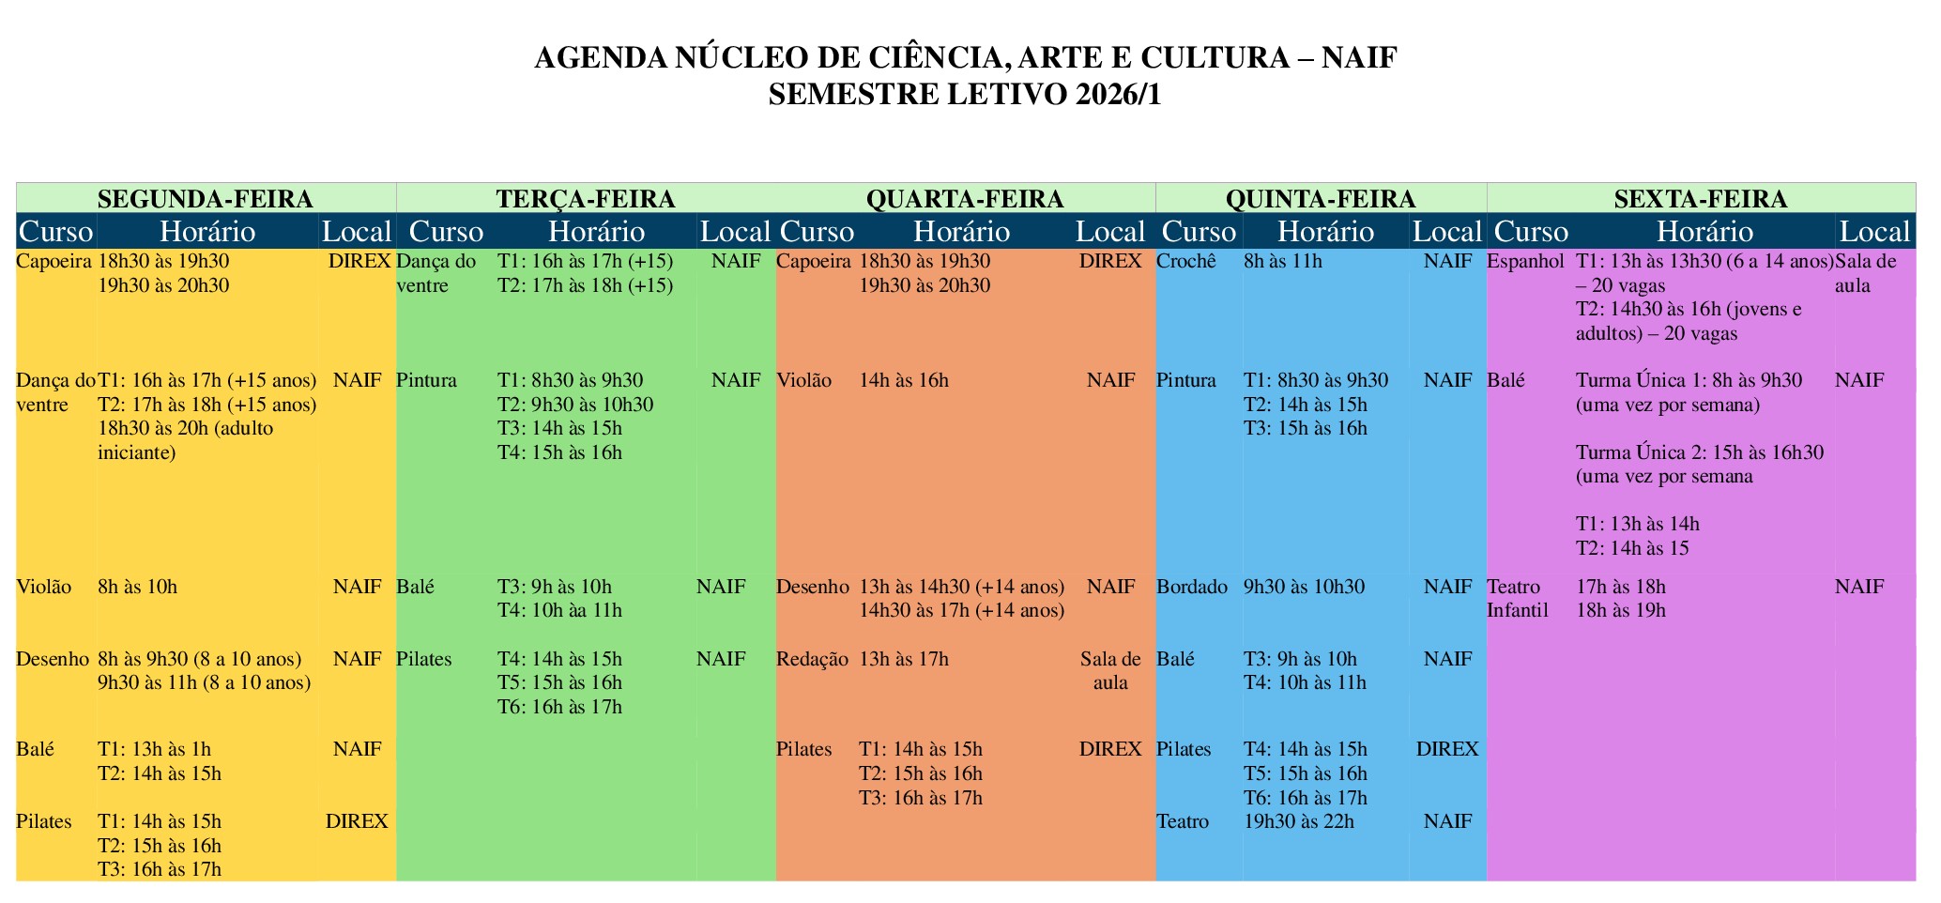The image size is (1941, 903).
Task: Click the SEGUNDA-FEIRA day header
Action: point(205,199)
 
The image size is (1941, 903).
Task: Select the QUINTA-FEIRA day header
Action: point(1320,199)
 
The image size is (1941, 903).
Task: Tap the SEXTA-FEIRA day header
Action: point(1700,199)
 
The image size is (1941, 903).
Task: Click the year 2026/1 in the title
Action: point(1117,95)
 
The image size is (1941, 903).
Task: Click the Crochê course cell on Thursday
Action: point(1186,261)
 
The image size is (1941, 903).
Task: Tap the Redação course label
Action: point(812,659)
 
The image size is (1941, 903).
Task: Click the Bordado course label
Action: point(1191,587)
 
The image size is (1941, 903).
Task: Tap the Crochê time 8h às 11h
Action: point(1282,261)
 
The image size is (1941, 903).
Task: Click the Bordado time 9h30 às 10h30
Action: point(1305,587)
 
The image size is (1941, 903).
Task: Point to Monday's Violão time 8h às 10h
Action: point(137,587)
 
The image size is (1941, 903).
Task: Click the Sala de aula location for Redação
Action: point(1110,670)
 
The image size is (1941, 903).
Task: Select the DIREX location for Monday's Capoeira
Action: point(359,261)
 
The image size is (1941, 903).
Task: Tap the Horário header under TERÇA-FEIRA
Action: point(596,232)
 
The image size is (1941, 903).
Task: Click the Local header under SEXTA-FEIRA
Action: point(1873,232)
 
